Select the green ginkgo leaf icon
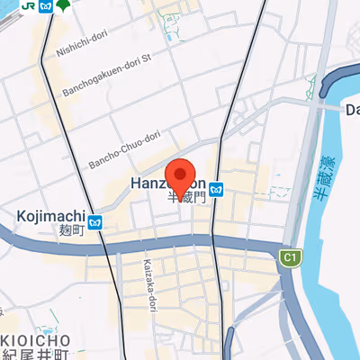pyautogui.click(x=61, y=5)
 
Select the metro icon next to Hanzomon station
pyautogui.click(x=217, y=189)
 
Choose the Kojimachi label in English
pyautogui.click(x=51, y=216)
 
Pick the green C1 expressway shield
pyautogui.click(x=290, y=258)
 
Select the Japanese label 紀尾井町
pyautogui.click(x=36, y=355)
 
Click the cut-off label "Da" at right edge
pyautogui.click(x=352, y=110)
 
